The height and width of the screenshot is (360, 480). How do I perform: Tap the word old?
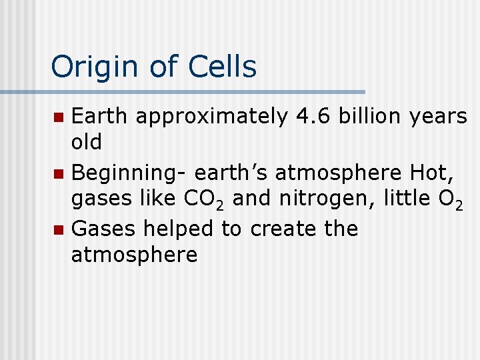86,142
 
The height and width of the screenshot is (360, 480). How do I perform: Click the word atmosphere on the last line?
134,255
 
